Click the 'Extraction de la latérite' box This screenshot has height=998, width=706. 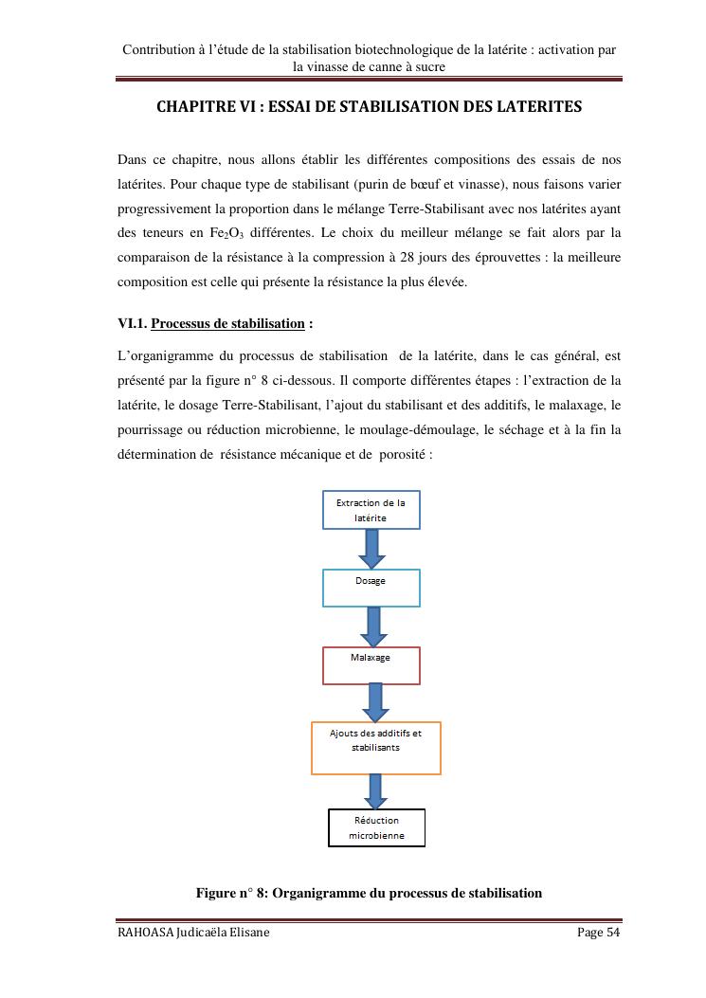(x=371, y=510)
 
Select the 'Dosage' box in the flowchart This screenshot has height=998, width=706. (x=371, y=588)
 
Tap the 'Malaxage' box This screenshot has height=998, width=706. (x=371, y=665)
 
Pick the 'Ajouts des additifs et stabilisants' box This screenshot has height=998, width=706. (x=376, y=748)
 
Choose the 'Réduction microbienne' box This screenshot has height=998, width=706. (x=376, y=827)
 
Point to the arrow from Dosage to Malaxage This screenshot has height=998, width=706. (x=372, y=626)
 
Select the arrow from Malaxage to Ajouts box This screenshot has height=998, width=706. (x=375, y=702)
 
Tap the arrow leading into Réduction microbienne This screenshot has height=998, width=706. (x=376, y=791)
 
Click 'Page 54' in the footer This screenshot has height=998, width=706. (x=599, y=934)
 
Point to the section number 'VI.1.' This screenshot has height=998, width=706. (x=132, y=324)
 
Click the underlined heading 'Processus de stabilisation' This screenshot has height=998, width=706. (x=227, y=324)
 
